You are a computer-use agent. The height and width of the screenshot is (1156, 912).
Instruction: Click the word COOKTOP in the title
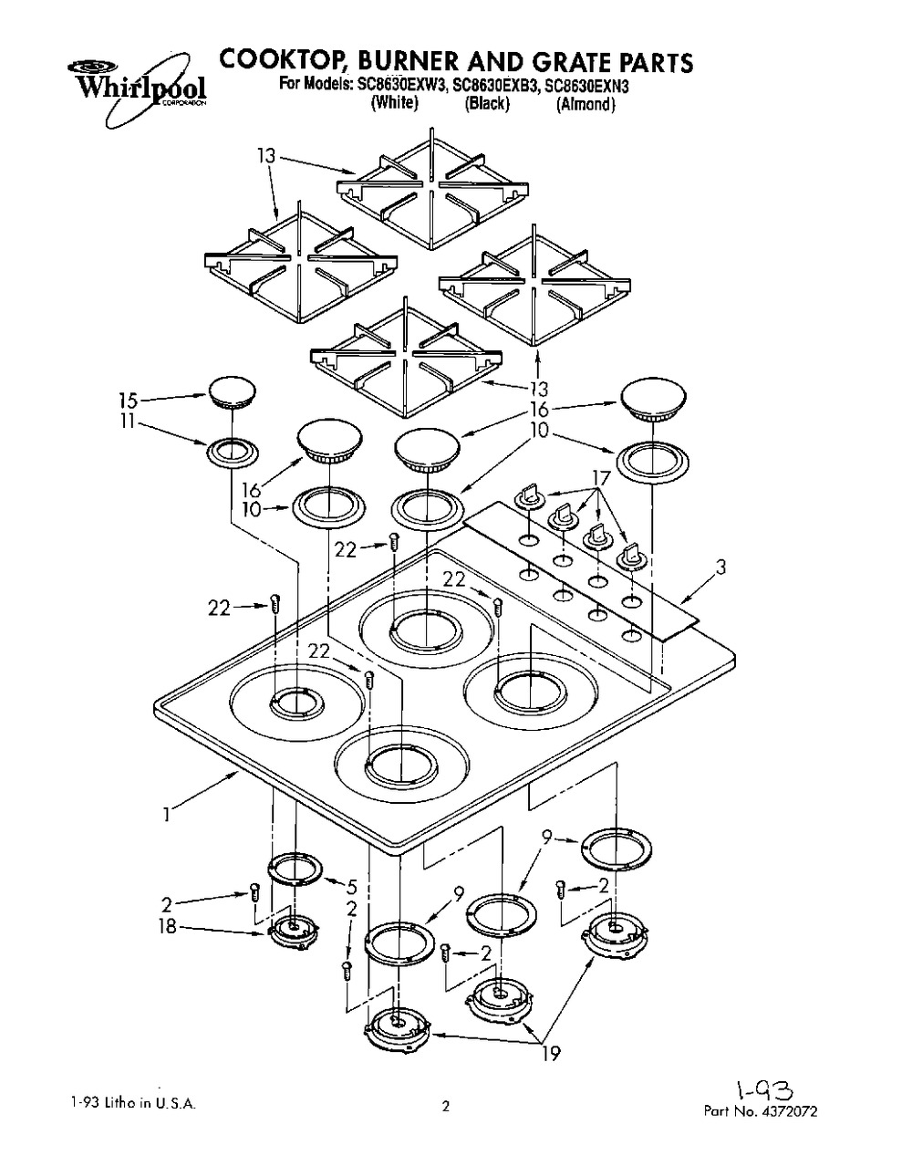282,61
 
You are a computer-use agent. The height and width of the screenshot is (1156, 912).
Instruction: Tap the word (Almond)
586,104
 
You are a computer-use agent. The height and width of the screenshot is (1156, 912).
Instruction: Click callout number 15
128,401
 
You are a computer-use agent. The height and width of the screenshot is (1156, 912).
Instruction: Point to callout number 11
127,422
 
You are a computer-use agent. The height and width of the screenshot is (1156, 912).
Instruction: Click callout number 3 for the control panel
720,567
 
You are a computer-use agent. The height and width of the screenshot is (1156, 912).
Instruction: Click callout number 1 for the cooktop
168,815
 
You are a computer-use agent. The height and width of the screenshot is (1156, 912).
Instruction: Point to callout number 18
168,926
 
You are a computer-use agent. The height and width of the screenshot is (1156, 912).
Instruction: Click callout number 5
352,887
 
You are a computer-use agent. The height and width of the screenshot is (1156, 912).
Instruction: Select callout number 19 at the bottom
551,1054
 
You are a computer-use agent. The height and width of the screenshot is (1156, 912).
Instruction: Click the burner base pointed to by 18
294,931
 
